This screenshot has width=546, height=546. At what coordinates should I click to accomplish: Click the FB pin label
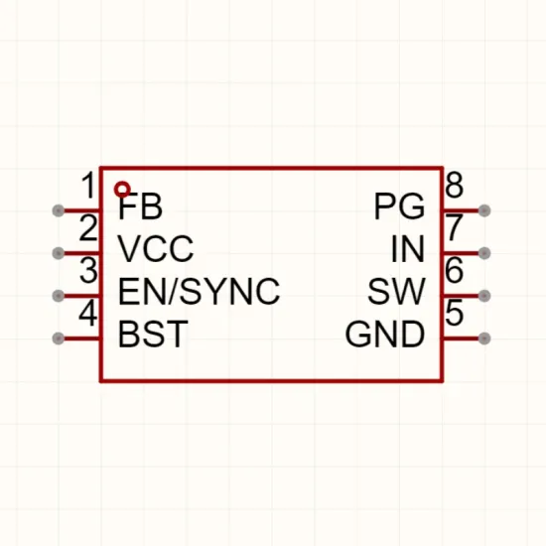coord(140,206)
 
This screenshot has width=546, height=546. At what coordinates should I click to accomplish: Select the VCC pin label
coord(156,248)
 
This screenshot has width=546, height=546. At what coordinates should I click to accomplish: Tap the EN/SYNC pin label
coord(199,292)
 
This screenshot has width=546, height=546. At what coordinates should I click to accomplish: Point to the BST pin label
coord(153,335)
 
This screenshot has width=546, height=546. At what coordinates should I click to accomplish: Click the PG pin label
coord(399,206)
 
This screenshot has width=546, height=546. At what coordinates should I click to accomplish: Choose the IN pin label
coord(408,248)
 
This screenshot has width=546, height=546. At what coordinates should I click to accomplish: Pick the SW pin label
coord(396,292)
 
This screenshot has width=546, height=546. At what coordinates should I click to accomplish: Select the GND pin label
coord(385,335)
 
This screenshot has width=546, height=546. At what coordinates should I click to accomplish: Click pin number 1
coord(88,185)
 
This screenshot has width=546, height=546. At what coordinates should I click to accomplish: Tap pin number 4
coord(87,314)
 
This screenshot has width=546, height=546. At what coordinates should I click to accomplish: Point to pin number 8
coord(455,185)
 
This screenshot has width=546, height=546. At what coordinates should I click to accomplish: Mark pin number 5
coord(455,313)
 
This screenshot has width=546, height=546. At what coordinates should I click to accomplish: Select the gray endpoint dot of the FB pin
coord(59,210)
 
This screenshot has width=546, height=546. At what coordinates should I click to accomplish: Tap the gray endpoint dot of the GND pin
coord(484,339)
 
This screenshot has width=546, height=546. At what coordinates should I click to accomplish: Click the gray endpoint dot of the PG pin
coord(484,210)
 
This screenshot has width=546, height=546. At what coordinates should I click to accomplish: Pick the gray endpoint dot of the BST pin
coord(59,339)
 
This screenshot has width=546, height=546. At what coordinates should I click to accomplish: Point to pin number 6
coord(455,270)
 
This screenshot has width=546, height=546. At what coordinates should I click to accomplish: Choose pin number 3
coord(88,270)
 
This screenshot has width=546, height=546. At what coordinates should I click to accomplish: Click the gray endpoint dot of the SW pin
coord(484,296)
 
